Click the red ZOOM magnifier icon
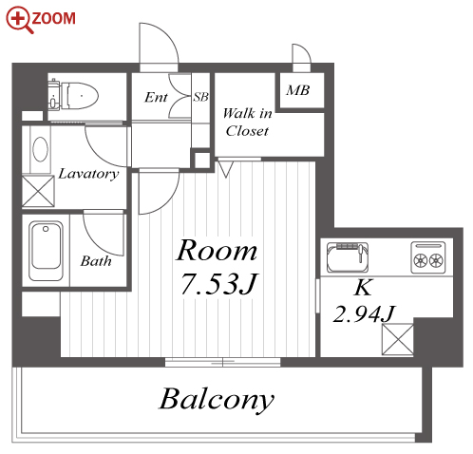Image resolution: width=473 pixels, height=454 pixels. [19, 20]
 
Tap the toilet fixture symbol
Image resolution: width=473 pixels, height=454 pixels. [73, 95]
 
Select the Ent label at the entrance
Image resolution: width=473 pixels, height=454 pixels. [156, 97]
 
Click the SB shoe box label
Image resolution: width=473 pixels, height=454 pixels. [201, 97]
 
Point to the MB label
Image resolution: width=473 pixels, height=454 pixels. [297, 90]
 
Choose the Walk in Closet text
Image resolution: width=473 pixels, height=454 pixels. [247, 123]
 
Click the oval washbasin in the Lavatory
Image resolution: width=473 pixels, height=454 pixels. [41, 149]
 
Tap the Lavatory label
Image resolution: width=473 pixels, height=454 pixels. [88, 174]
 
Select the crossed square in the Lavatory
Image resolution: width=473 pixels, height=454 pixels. [38, 191]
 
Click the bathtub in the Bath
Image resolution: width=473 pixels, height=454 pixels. [46, 251]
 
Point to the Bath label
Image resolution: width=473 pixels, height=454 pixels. [96, 261]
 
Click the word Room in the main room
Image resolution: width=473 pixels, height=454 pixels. [217, 251]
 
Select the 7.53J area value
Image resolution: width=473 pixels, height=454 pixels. [219, 284]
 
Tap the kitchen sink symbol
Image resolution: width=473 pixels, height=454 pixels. [348, 257]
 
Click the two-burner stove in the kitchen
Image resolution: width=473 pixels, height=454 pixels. [428, 257]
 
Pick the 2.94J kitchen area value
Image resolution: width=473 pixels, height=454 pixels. [364, 314]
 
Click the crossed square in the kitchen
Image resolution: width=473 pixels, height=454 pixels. [398, 339]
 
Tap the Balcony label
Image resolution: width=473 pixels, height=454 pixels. [217, 399]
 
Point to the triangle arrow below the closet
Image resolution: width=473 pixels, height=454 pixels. [226, 169]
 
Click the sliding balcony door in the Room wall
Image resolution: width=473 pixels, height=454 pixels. [223, 362]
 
